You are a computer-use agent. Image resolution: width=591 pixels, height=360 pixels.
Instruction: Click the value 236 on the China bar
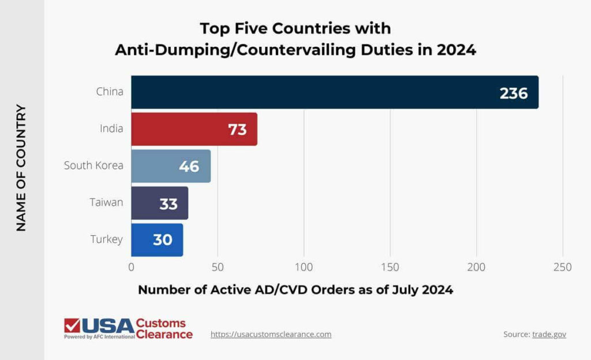point(514,93)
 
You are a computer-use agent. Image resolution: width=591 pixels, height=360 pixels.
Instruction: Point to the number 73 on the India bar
point(237,129)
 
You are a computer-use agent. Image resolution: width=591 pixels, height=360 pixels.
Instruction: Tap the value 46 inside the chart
point(189,166)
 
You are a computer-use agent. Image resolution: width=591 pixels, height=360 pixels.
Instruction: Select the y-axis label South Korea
point(93,166)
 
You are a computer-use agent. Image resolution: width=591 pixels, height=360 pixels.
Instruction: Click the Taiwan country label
point(106,202)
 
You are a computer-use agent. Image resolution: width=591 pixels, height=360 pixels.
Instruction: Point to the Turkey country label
point(107,239)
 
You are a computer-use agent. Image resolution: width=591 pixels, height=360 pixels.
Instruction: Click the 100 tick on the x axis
point(304,268)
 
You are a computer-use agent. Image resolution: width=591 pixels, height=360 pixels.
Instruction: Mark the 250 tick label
point(562,268)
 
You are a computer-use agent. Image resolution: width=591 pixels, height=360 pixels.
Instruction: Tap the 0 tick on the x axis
point(132,268)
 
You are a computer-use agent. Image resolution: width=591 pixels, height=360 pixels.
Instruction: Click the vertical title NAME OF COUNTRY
point(21,167)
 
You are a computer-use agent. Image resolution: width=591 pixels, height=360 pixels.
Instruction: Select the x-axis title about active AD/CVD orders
point(295,290)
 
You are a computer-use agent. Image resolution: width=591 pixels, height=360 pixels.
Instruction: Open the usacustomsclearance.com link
point(271,334)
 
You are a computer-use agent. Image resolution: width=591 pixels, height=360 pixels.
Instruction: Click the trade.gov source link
point(549,334)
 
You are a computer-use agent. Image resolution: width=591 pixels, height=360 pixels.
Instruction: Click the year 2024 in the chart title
point(456,50)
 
